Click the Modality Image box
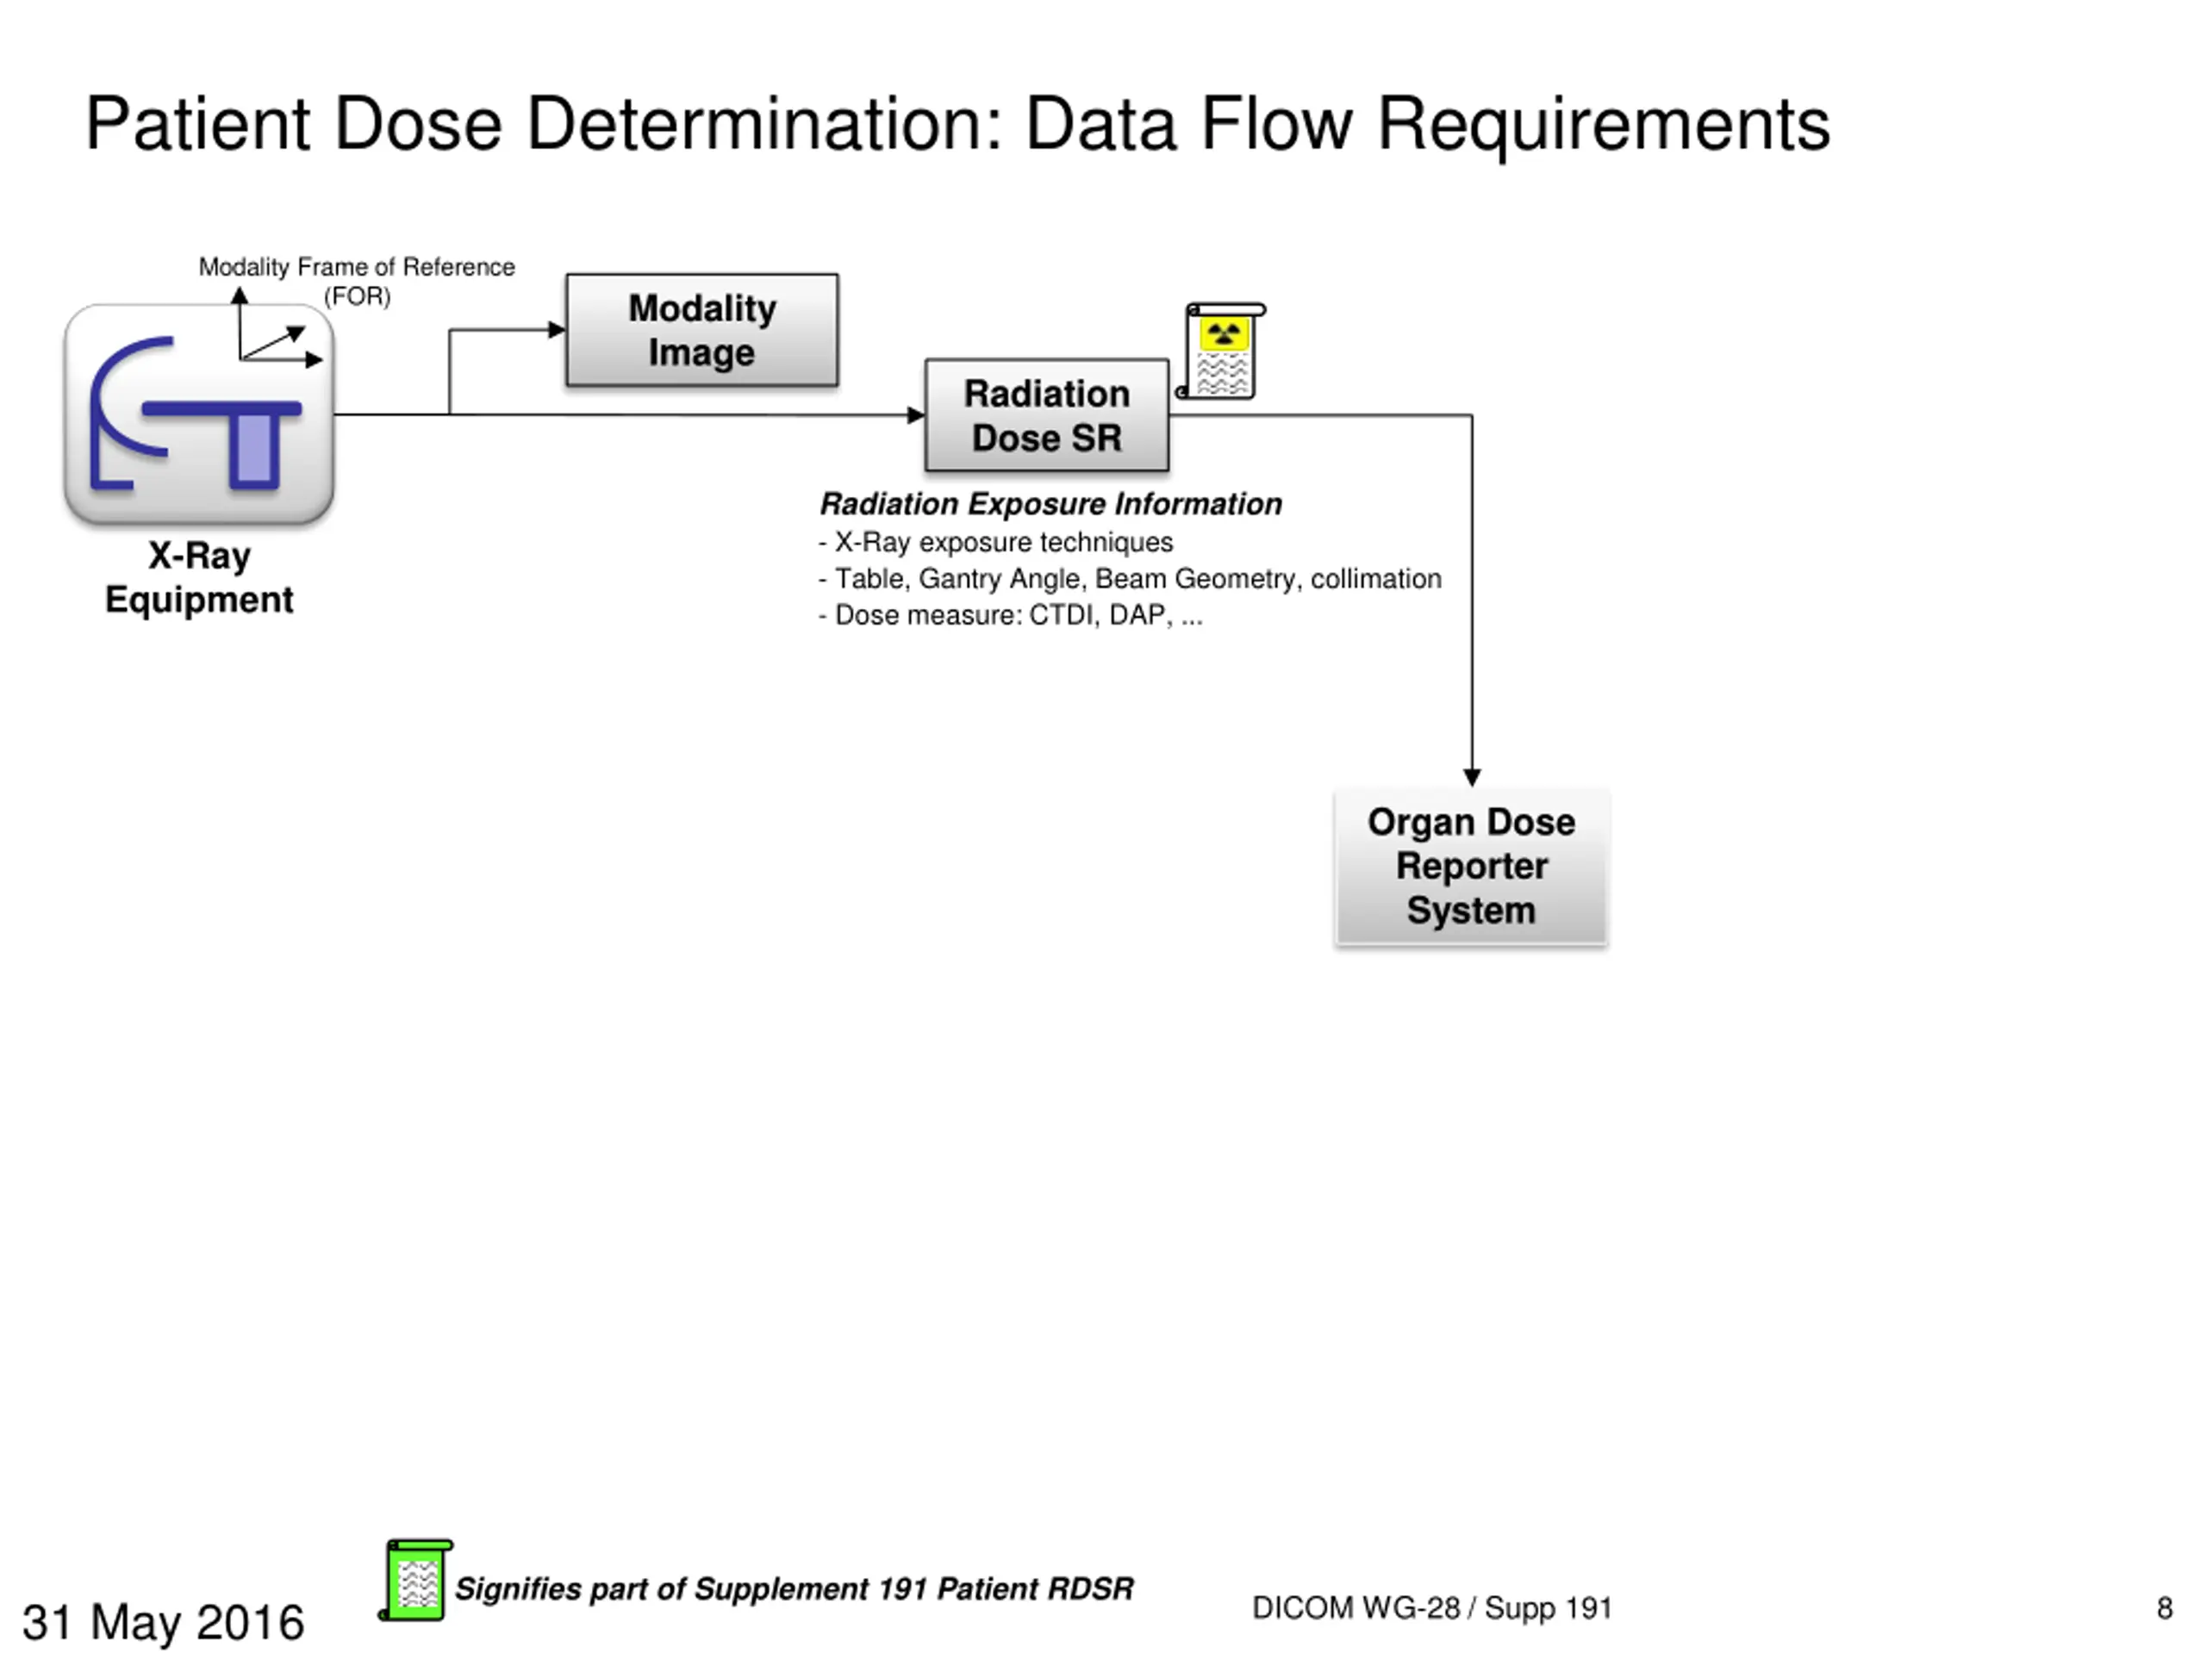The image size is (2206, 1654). point(702,330)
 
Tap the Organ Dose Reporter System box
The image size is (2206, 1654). point(1471,866)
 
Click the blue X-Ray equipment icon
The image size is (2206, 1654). point(198,413)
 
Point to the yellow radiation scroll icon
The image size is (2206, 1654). point(1222,351)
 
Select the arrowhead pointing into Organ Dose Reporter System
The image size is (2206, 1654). point(1472,778)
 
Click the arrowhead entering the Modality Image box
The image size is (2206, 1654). point(557,330)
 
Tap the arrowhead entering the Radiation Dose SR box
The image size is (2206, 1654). point(915,414)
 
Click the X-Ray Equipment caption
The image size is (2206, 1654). point(199,577)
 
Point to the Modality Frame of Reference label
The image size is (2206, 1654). point(357,281)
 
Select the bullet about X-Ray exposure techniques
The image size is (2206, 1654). point(995,543)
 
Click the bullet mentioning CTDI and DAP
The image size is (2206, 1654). point(1010,615)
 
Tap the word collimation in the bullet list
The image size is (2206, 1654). point(1376,578)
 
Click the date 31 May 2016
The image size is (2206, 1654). point(164,1622)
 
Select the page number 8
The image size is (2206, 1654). point(2164,1608)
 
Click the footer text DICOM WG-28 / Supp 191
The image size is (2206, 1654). point(1432,1608)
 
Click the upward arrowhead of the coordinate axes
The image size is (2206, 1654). point(240,295)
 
